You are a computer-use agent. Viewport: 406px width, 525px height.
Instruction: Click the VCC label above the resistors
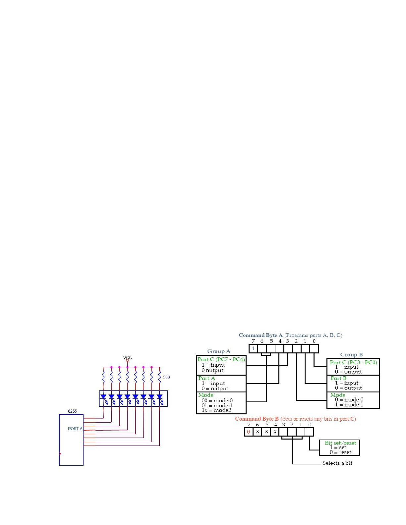[127, 358]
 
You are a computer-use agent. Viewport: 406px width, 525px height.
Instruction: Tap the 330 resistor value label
[166, 377]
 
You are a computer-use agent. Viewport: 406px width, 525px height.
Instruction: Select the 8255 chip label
[72, 411]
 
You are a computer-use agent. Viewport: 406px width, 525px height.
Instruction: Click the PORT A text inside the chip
[75, 429]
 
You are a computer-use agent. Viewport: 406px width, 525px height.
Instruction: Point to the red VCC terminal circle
[127, 360]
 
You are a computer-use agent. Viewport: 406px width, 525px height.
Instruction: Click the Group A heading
[219, 351]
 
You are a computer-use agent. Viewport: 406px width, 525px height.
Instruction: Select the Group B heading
[351, 355]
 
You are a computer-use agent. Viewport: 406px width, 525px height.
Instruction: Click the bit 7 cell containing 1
[253, 349]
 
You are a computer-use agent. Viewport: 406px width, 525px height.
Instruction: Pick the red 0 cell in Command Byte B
[249, 432]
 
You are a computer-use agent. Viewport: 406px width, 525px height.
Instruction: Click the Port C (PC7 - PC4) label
[221, 359]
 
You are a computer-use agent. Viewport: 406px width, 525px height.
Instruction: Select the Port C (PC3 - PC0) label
[353, 362]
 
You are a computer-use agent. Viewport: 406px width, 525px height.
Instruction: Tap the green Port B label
[338, 378]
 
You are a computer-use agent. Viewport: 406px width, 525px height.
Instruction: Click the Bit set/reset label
[340, 443]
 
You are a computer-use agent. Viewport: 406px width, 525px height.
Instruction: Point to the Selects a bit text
[337, 463]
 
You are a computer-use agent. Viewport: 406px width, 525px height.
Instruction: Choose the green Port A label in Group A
[206, 378]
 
